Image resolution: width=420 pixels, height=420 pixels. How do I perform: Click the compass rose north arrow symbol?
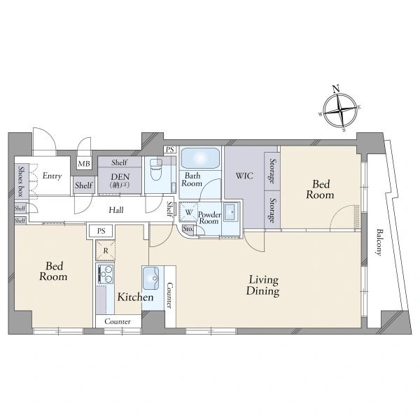coord(340,110)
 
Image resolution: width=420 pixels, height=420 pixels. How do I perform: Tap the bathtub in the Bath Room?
coord(200,157)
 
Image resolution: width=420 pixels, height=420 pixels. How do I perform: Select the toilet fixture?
coord(155,170)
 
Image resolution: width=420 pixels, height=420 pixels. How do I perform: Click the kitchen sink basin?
coord(150,279)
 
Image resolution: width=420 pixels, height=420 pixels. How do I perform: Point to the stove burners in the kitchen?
coord(106,274)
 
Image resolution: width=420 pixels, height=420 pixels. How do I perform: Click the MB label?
coord(84,163)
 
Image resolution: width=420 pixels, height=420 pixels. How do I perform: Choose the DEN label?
coord(120,177)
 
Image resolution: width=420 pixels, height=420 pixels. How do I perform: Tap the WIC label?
coord(244,176)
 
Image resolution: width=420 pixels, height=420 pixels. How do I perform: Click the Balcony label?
coord(379,242)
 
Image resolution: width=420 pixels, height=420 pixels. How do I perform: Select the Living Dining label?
coord(263,286)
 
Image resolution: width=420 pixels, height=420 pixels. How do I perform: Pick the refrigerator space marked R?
coord(106,251)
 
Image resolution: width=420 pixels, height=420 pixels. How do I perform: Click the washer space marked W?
coord(188,212)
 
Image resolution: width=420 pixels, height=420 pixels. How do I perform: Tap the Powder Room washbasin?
coord(230,212)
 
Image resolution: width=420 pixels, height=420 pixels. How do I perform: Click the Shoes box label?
coord(21,181)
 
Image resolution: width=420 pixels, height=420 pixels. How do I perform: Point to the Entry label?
coord(52,176)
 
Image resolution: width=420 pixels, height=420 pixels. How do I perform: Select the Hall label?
coord(116,210)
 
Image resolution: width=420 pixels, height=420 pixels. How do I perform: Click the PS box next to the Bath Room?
coord(170,150)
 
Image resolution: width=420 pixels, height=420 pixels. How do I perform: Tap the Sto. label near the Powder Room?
coord(188,229)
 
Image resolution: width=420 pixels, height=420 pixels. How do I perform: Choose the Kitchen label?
coord(136,297)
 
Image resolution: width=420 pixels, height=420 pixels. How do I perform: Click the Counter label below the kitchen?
coord(118,321)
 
